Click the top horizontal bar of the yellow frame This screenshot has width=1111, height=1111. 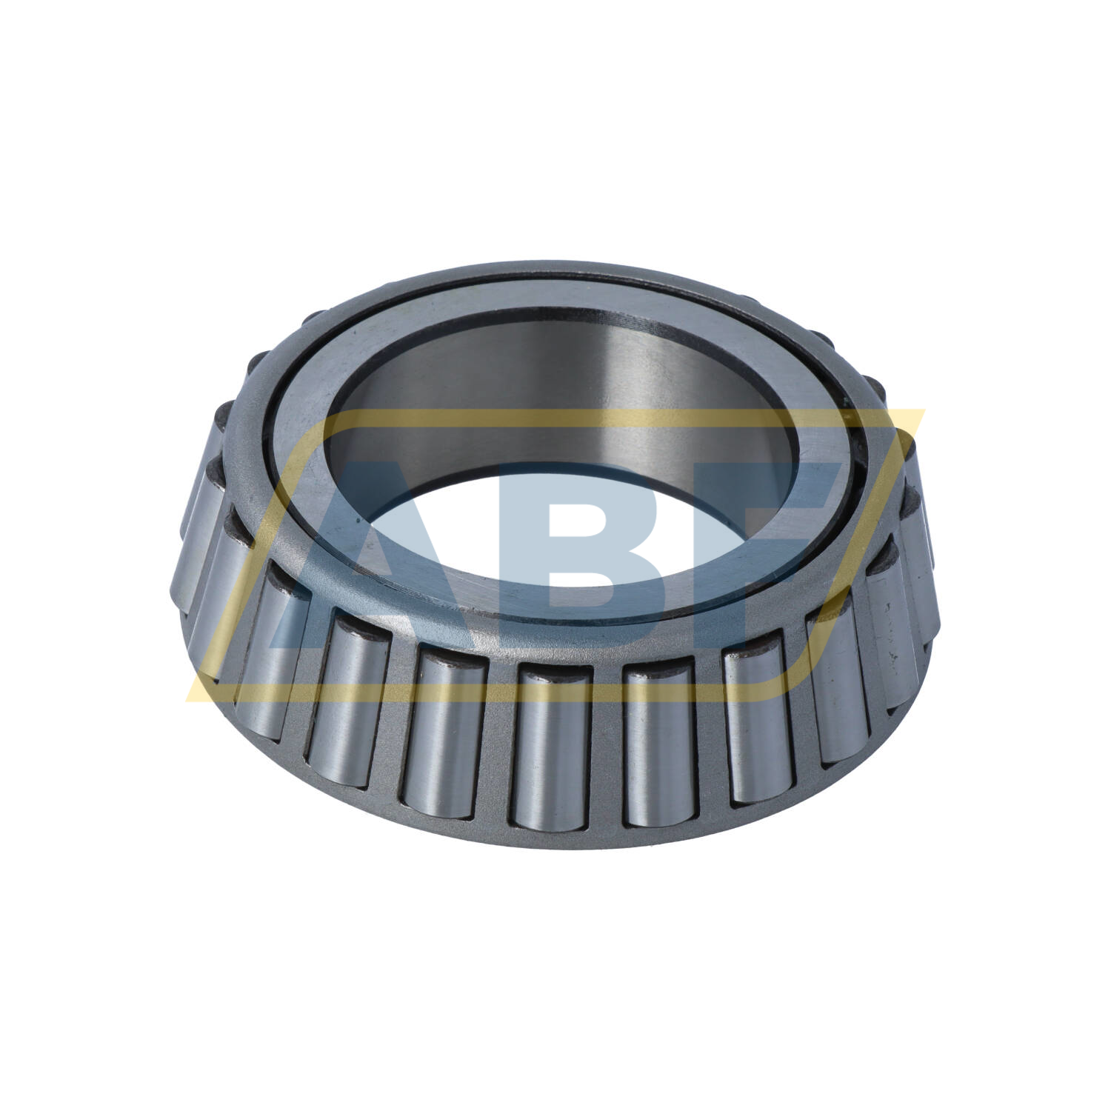(x=593, y=420)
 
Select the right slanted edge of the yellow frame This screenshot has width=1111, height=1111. (x=852, y=555)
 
